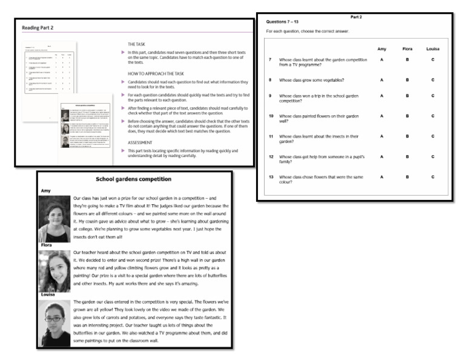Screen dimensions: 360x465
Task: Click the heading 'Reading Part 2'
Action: (x=38, y=28)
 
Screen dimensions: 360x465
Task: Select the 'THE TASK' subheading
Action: (x=139, y=45)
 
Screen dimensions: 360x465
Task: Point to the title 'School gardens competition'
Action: (x=134, y=179)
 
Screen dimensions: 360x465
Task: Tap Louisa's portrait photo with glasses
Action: (x=54, y=324)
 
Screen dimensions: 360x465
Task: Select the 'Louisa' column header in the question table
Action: (x=432, y=48)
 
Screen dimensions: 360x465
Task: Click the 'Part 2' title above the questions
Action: (x=357, y=16)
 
